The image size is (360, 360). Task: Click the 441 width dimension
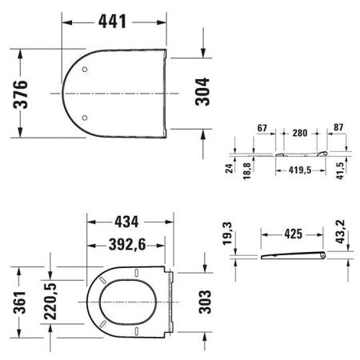point(115,22)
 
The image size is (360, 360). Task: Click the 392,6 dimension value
point(128,246)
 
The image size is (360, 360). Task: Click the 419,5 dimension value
point(296,170)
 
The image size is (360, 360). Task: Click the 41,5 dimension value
point(341,170)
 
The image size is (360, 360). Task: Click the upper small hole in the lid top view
point(86,70)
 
